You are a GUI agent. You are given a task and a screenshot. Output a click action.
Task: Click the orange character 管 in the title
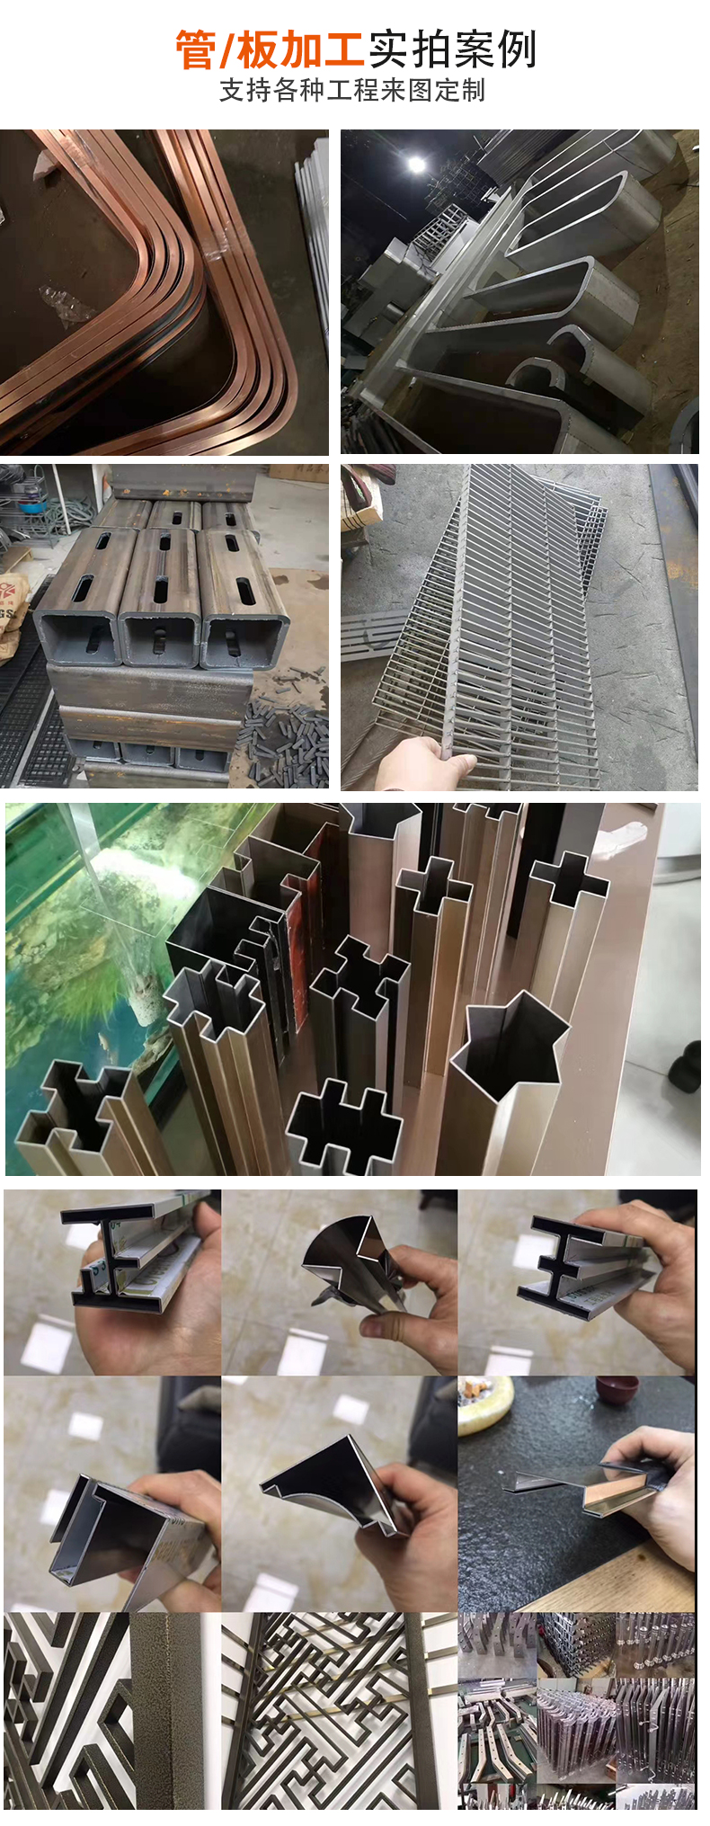pos(195,49)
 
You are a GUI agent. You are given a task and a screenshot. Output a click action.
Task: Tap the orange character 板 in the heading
pos(257,49)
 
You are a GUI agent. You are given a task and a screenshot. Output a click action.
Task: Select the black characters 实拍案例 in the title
pos(452,49)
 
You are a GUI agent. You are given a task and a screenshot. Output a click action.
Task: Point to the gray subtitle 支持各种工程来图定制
pos(352,91)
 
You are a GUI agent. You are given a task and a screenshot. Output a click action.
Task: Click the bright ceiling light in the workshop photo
pos(416,165)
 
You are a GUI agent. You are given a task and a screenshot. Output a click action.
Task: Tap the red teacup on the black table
pos(617,1391)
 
